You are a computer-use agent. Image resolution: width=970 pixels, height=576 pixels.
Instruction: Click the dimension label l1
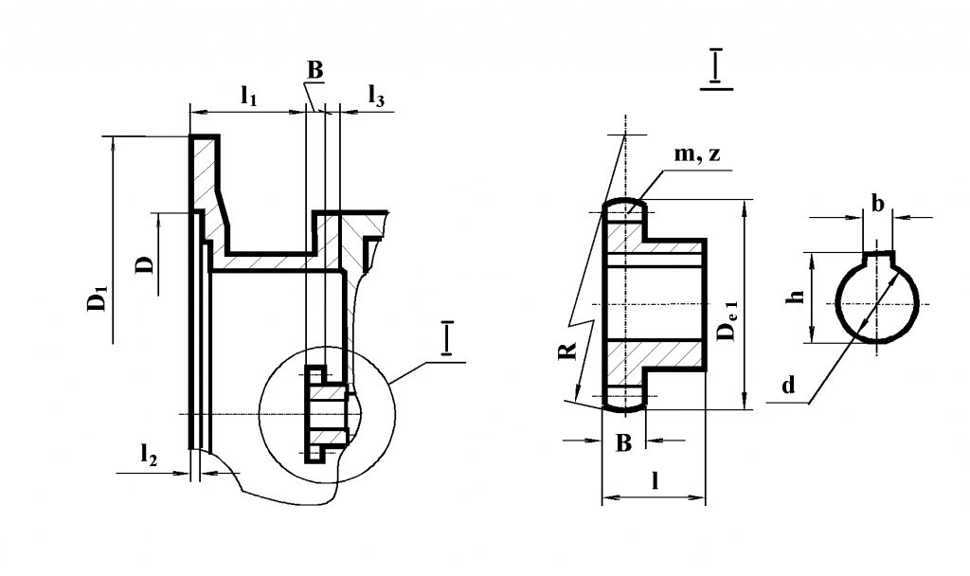(x=249, y=95)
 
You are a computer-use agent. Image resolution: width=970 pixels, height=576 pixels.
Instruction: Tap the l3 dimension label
(x=376, y=95)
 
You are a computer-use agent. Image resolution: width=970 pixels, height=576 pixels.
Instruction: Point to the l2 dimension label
(x=149, y=454)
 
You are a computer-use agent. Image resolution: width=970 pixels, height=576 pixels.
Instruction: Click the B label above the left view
(x=314, y=69)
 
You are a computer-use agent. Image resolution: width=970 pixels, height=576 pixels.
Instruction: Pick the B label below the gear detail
(x=622, y=441)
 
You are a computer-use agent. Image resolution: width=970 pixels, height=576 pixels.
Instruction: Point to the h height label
(x=798, y=297)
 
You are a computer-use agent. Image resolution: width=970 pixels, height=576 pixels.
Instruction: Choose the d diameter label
(x=787, y=385)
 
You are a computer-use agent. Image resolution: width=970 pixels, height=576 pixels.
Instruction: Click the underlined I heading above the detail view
(x=718, y=68)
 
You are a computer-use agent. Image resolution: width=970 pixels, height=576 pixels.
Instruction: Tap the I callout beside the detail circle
(x=446, y=339)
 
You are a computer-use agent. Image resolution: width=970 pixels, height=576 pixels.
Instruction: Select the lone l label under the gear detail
(x=655, y=480)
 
